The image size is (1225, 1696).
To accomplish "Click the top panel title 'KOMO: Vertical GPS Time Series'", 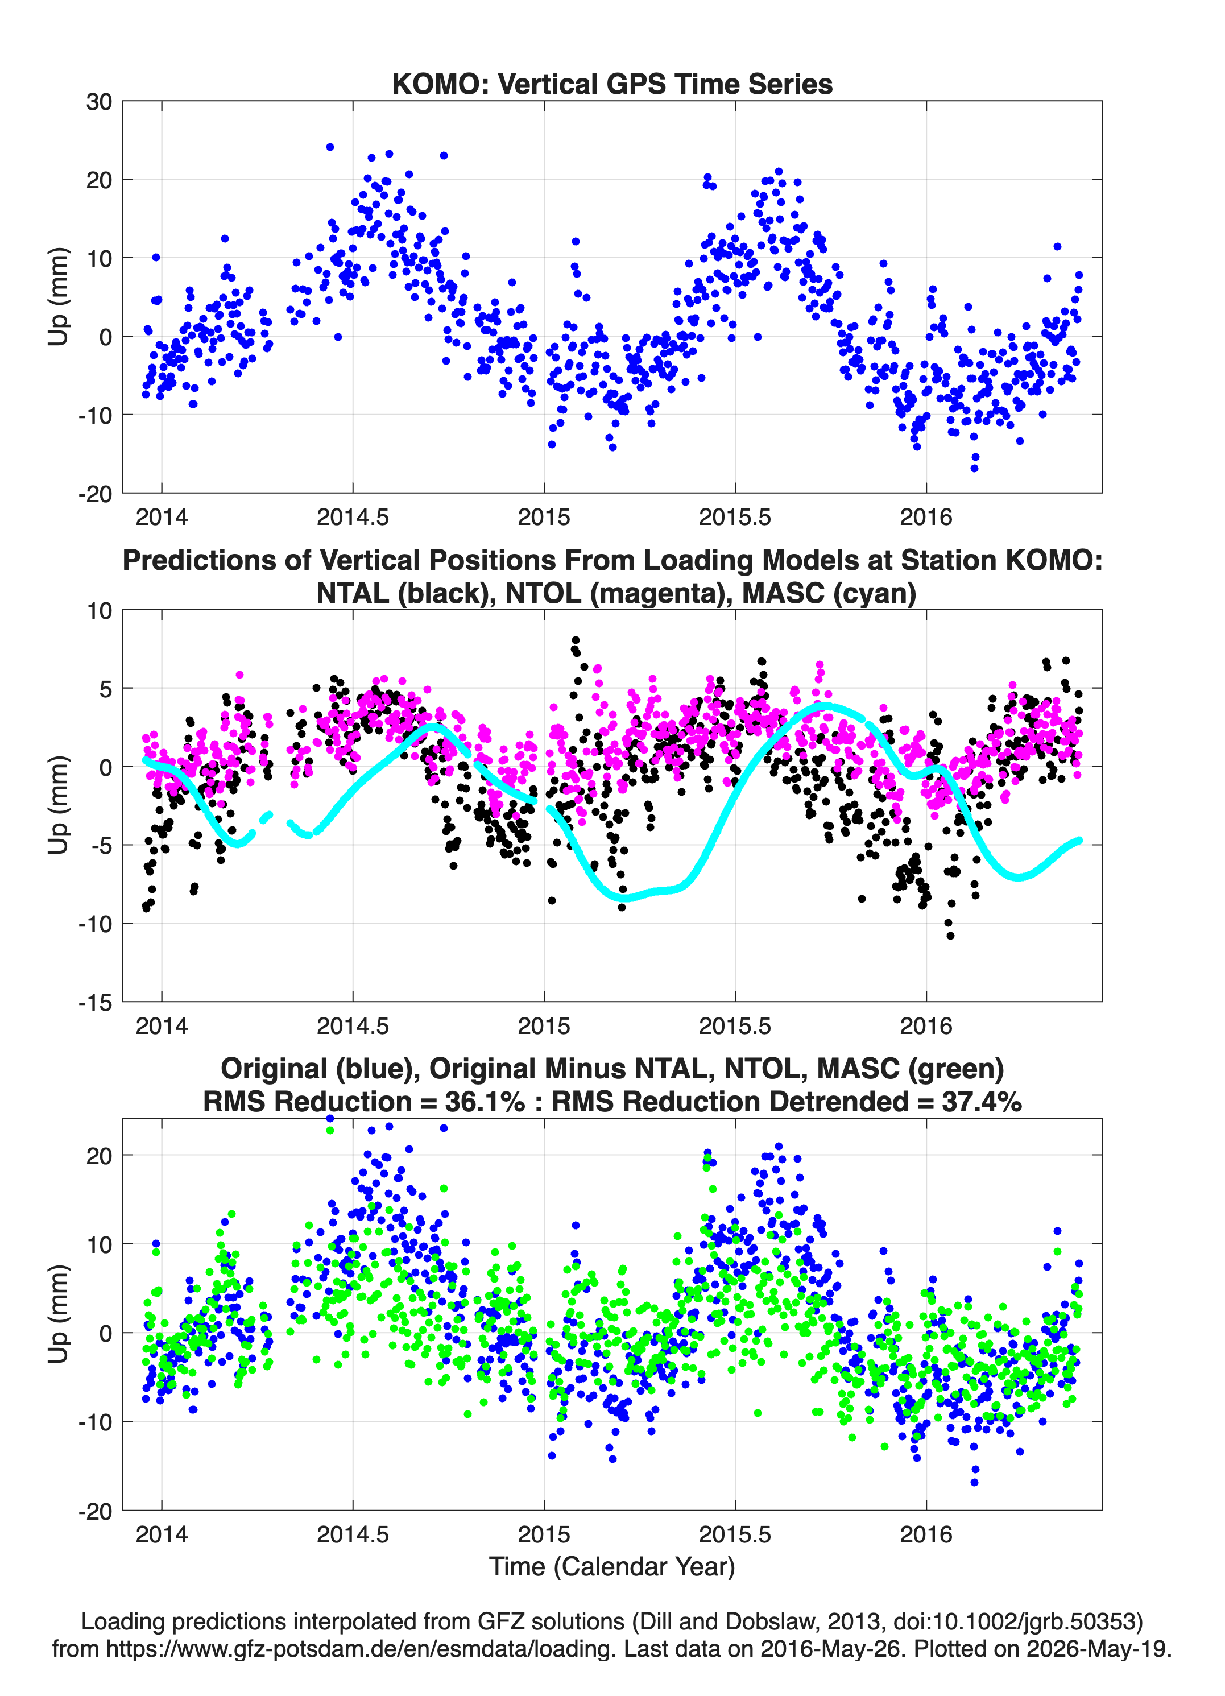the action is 612,84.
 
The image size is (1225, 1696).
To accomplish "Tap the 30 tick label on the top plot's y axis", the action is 99,102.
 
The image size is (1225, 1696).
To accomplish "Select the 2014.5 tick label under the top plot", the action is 353,517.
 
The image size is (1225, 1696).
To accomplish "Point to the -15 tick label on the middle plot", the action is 95,1003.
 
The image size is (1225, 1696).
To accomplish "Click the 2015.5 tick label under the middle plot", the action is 735,1026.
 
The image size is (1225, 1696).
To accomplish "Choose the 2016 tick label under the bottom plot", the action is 926,1534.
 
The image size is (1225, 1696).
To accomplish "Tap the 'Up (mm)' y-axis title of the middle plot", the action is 59,805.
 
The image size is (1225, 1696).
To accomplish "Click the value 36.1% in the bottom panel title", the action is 485,1102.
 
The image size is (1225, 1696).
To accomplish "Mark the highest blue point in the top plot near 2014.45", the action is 330,147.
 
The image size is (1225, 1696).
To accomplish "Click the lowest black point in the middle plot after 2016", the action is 950,936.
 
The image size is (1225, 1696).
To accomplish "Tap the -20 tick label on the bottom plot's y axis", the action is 95,1511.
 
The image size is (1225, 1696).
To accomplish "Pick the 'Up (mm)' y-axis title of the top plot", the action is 59,297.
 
